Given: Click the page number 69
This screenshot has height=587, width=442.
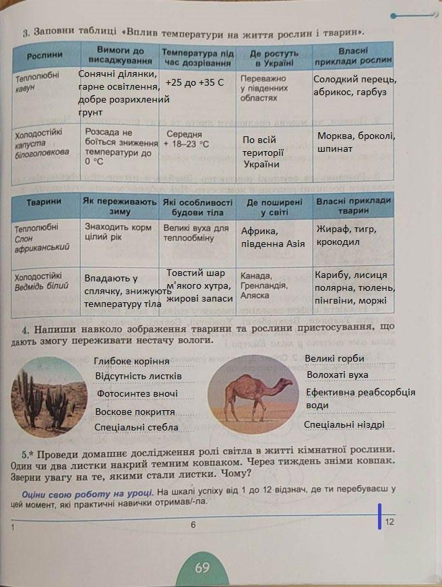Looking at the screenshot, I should click(202, 567).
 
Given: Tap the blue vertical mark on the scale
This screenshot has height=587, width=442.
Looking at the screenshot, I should click(381, 516).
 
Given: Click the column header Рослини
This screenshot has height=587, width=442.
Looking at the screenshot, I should click(45, 55).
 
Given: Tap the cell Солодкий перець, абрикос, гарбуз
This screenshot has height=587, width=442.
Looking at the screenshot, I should click(354, 86).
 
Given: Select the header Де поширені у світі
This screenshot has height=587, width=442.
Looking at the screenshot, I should click(274, 206).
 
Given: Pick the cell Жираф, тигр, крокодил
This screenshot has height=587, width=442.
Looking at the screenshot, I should click(353, 235).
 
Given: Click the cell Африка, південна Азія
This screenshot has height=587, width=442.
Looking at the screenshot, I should click(273, 237).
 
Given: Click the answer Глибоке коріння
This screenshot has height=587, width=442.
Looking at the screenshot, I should click(132, 362).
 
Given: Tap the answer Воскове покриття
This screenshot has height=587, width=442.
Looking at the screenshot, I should click(135, 412).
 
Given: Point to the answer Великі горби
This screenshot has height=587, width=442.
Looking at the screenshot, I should click(334, 358).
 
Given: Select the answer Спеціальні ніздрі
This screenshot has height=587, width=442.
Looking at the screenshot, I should click(344, 424).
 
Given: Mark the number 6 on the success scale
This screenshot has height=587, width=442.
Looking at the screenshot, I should click(193, 525).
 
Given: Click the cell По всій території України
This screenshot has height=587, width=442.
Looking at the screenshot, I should click(263, 152).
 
